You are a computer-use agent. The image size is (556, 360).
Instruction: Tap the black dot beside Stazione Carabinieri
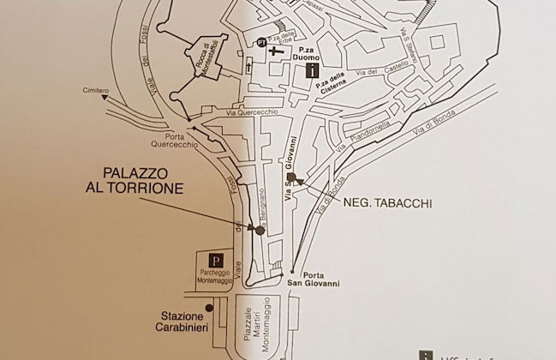tap(208, 308)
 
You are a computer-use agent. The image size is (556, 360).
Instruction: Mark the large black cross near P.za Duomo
tap(274, 51)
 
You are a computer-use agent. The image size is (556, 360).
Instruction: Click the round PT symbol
tap(258, 41)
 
